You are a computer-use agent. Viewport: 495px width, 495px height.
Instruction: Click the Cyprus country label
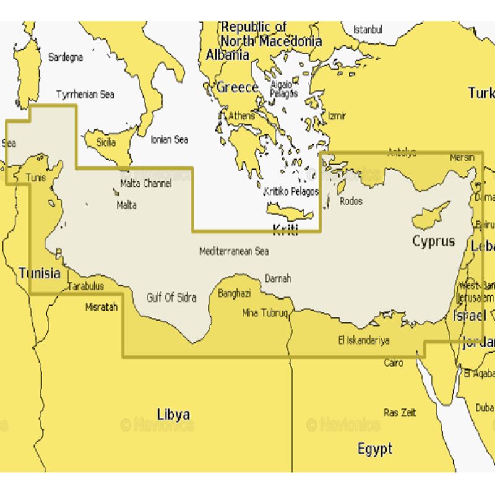point(434,241)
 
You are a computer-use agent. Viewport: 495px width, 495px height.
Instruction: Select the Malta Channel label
point(146,183)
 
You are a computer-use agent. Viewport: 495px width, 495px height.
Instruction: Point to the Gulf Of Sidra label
point(171,298)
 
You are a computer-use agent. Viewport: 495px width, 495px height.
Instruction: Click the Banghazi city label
point(234,293)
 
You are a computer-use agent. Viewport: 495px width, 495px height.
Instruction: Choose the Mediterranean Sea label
point(234,251)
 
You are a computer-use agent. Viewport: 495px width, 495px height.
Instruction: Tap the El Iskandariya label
point(363,340)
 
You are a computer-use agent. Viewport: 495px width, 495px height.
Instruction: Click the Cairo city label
point(394,363)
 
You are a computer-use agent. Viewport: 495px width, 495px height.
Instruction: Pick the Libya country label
point(173,414)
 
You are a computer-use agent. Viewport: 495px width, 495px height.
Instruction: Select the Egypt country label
point(375,449)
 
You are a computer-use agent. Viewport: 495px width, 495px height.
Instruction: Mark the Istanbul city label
point(368,30)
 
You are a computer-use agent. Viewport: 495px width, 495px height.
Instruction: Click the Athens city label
point(241,116)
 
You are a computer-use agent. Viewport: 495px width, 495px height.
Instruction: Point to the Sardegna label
point(66,58)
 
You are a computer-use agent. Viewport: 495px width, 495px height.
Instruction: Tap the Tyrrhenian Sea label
point(85,95)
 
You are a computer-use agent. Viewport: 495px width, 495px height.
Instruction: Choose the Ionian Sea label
point(170,140)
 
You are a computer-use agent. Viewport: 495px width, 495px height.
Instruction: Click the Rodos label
point(351,201)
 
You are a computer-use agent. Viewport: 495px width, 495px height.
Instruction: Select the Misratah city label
point(101,306)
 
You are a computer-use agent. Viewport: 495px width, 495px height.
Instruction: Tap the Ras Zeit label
point(400,413)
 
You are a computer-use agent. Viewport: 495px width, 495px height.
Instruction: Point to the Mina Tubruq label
point(265,312)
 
